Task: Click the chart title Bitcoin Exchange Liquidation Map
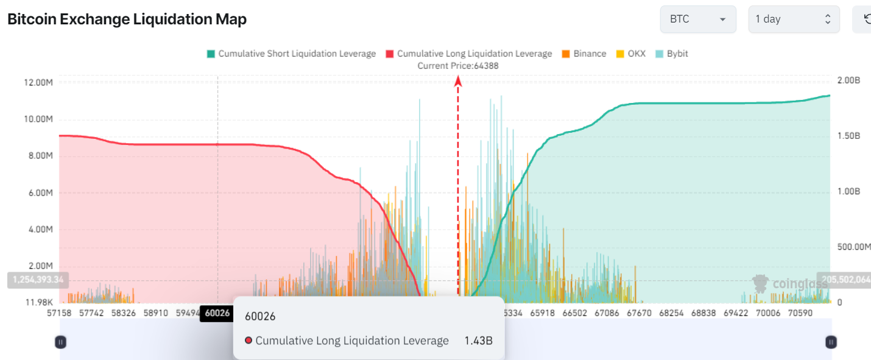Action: pyautogui.click(x=127, y=19)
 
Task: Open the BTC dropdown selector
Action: pyautogui.click(x=697, y=19)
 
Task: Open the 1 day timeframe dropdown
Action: pyautogui.click(x=794, y=19)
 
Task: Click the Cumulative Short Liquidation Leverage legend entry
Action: pyautogui.click(x=291, y=54)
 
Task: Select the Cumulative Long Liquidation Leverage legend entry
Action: pyautogui.click(x=468, y=54)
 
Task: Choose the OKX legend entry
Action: pyautogui.click(x=631, y=54)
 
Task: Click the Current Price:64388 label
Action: pyautogui.click(x=457, y=66)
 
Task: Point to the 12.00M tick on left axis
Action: pyautogui.click(x=38, y=82)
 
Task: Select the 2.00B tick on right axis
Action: pyautogui.click(x=848, y=80)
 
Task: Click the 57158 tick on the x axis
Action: pyautogui.click(x=60, y=313)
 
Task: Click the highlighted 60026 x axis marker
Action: pyautogui.click(x=217, y=313)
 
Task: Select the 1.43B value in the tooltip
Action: pyautogui.click(x=478, y=341)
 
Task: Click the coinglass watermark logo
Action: pyautogui.click(x=790, y=283)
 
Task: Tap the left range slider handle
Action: pyautogui.click(x=60, y=342)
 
